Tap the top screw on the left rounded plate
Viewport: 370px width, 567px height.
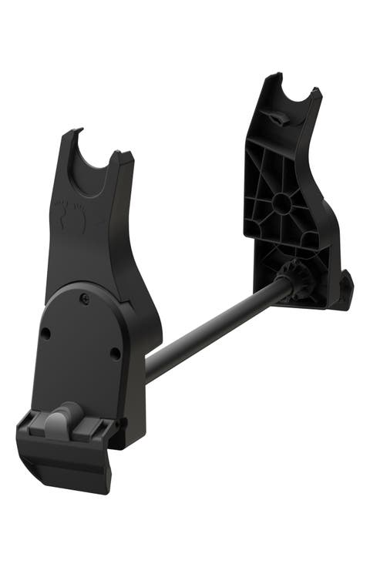(85, 298)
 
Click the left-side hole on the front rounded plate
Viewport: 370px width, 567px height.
(46, 334)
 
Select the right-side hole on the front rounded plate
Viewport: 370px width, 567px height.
(115, 354)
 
